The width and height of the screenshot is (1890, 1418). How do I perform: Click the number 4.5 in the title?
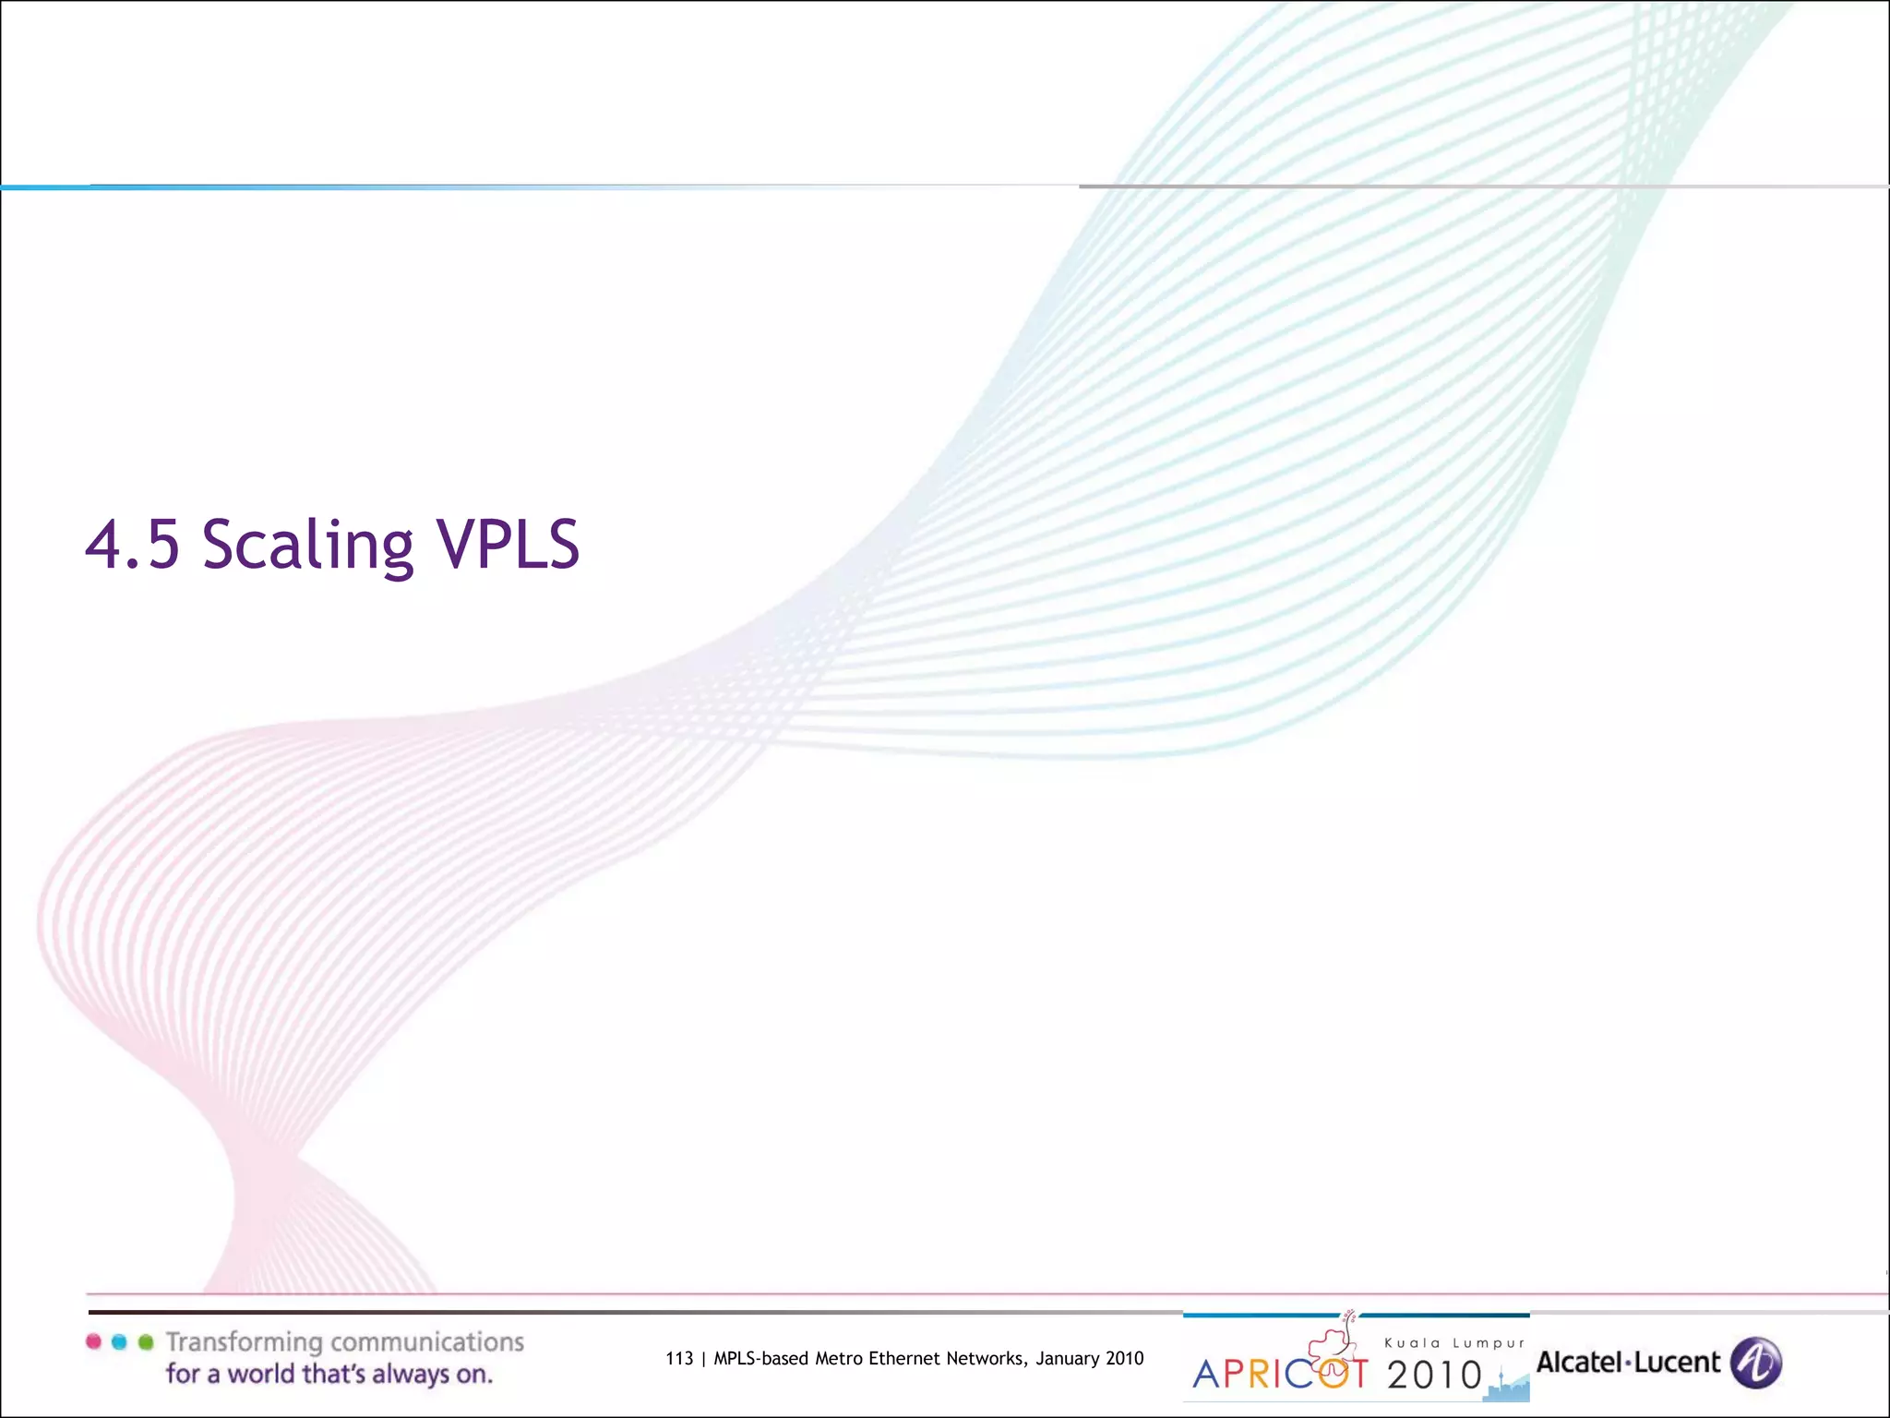click(132, 544)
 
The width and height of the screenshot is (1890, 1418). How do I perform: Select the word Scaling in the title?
click(308, 546)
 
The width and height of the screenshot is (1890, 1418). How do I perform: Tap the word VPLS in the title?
click(508, 544)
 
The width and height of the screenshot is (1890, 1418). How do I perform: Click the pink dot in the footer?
click(93, 1341)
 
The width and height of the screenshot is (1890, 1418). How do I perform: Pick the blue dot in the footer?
click(119, 1341)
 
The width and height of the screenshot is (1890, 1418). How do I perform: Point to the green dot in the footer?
click(145, 1341)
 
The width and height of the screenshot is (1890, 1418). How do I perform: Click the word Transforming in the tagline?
click(245, 1342)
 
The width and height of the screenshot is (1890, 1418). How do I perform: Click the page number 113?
click(679, 1358)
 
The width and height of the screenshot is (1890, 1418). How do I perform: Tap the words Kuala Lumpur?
click(1454, 1343)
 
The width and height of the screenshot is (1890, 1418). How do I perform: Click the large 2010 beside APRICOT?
click(1434, 1376)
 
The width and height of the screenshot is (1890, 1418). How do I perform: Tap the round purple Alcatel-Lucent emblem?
click(1755, 1363)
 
